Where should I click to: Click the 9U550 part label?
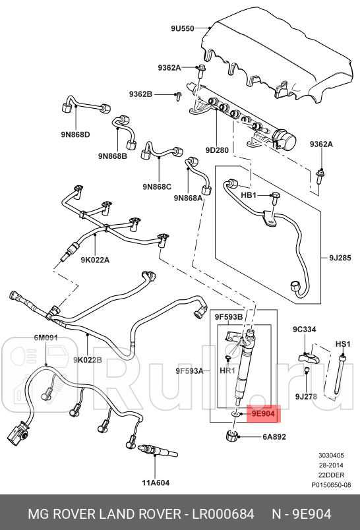[182, 29]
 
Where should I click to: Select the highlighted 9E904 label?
[264, 413]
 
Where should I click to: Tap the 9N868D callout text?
[75, 135]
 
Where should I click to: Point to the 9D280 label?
[217, 150]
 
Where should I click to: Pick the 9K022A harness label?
[96, 260]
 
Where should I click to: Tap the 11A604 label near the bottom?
[156, 483]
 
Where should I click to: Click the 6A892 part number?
[274, 436]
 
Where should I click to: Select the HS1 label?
[343, 343]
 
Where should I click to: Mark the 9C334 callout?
[305, 329]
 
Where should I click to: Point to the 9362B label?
[140, 95]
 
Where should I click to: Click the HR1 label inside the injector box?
[227, 371]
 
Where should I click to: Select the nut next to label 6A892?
[232, 435]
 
